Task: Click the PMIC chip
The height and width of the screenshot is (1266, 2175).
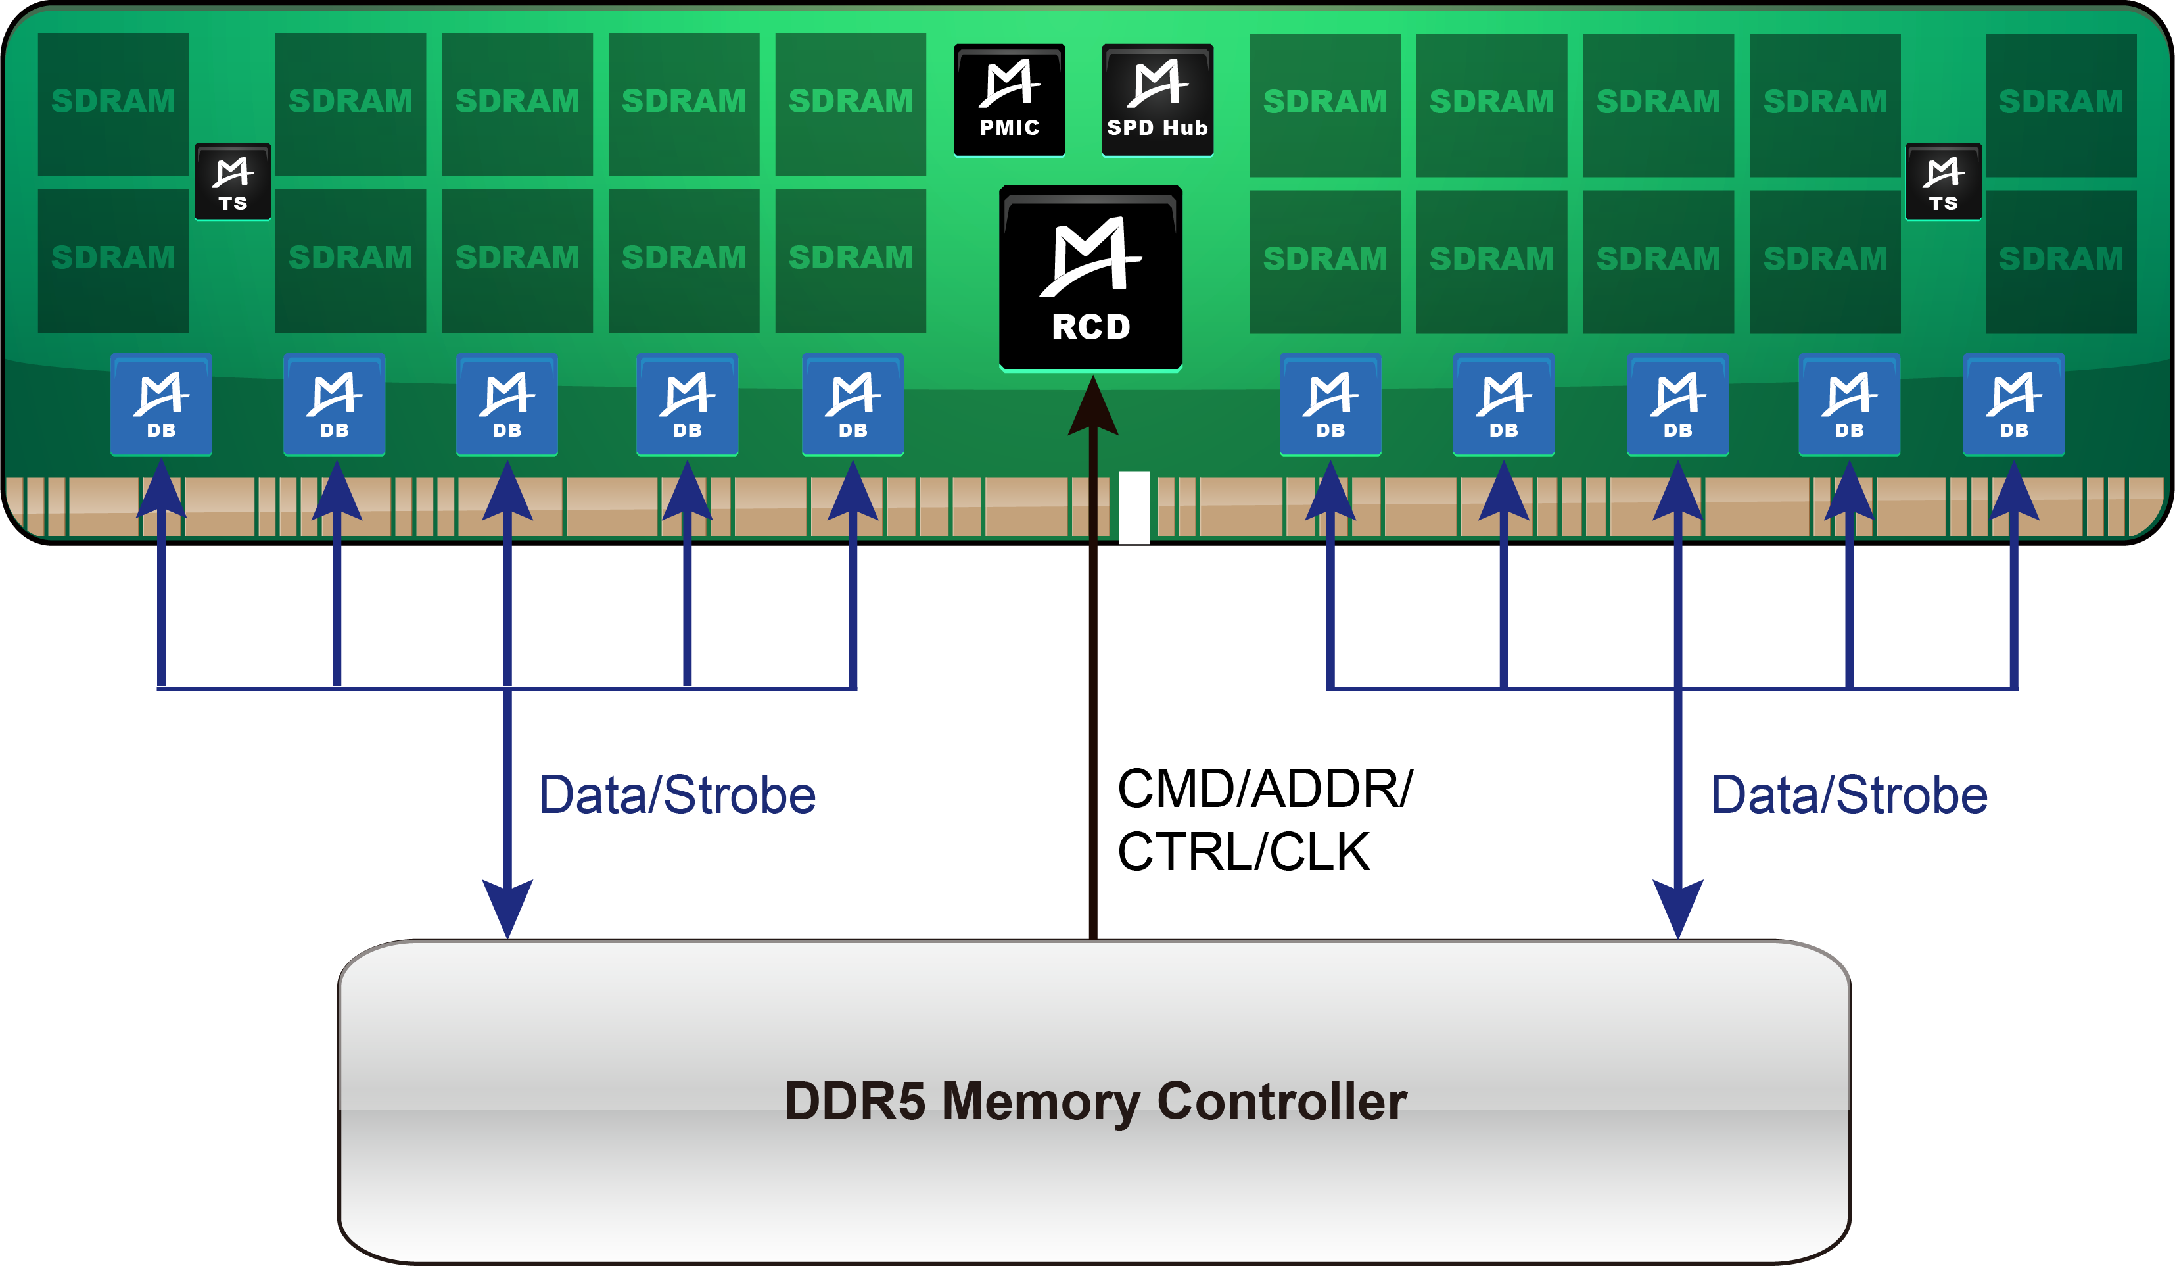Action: coord(1009,100)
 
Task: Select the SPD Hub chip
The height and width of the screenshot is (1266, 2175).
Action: coord(1157,100)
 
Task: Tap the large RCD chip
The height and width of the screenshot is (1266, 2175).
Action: coord(1090,278)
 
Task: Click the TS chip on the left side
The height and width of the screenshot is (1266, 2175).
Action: coord(232,182)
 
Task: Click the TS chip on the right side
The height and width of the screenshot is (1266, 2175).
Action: coord(1943,182)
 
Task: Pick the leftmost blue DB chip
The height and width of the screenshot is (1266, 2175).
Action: coord(162,404)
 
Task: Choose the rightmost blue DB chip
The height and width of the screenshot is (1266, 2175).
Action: coord(2013,404)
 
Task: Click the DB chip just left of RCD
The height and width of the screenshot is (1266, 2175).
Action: coord(853,404)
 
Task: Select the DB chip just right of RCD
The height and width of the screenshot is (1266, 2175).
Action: coord(1330,404)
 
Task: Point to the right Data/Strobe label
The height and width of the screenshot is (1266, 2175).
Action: coord(1850,795)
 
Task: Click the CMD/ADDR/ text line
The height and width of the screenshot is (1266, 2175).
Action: coord(1265,789)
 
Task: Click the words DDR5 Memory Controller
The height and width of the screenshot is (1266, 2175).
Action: coord(1095,1102)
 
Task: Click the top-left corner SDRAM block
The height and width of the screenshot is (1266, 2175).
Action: coord(113,104)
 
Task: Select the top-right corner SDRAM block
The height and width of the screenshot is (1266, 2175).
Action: coord(2060,104)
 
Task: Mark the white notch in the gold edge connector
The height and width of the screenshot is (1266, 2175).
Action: coord(1134,507)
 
